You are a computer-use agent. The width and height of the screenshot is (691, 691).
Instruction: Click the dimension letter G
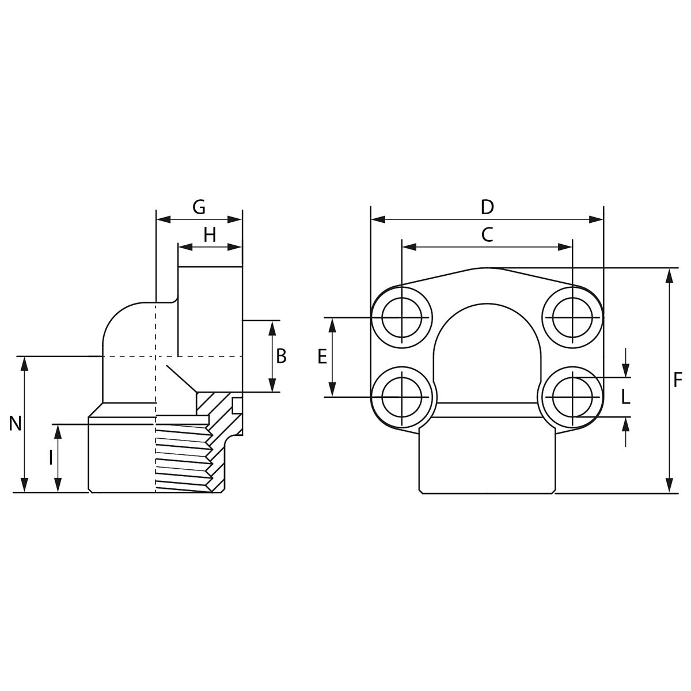(199, 207)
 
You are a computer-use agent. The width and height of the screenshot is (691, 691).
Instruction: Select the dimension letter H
(210, 235)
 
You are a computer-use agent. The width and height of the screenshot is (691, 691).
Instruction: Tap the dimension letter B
(281, 356)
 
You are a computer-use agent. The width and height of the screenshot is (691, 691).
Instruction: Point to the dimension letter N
(16, 424)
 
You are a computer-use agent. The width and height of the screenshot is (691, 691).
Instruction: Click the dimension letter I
(51, 458)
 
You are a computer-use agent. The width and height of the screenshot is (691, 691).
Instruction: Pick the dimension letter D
(487, 207)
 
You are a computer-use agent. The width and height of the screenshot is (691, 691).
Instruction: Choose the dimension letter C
(487, 235)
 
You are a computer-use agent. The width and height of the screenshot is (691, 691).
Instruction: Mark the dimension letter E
(322, 357)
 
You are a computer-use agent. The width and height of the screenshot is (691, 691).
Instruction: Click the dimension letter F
(678, 379)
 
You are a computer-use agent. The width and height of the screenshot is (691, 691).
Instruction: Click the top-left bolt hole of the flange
(401, 317)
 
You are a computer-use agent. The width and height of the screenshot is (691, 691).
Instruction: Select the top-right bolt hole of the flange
(572, 317)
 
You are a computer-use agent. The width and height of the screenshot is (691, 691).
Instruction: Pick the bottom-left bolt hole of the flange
(401, 397)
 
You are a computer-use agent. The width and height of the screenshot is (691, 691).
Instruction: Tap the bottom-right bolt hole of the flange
(572, 397)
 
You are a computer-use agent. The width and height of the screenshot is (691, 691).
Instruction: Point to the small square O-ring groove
(237, 405)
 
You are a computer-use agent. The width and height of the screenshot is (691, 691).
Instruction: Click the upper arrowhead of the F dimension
(669, 275)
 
